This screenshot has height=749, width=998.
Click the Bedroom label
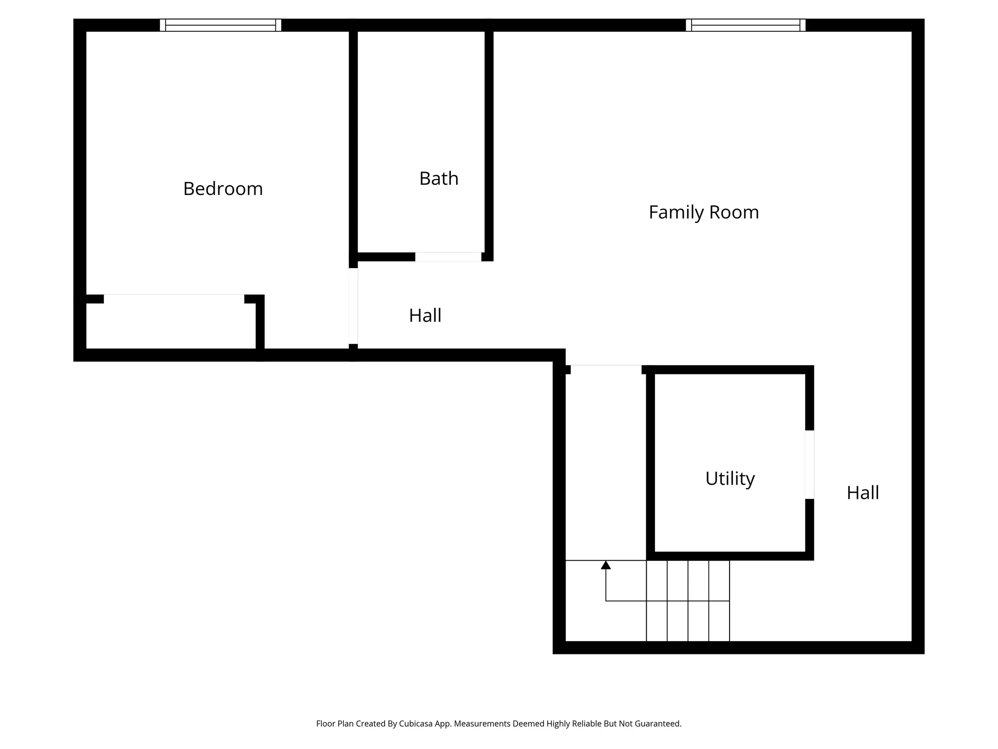click(x=223, y=189)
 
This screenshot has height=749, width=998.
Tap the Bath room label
click(x=439, y=178)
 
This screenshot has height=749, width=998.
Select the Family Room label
click(x=703, y=212)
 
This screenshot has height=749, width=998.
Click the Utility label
click(x=729, y=478)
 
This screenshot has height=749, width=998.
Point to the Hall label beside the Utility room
click(x=863, y=493)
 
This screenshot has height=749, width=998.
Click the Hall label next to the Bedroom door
click(x=425, y=315)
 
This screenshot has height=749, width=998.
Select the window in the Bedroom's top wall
click(x=220, y=25)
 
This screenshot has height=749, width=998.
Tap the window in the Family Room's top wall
click(x=745, y=25)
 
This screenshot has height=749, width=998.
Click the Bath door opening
click(x=448, y=257)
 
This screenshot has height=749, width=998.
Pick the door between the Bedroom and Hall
click(x=353, y=306)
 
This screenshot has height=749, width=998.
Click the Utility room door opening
click(x=809, y=464)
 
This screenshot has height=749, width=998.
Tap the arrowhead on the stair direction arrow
click(x=606, y=565)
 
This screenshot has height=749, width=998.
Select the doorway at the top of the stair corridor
click(x=606, y=369)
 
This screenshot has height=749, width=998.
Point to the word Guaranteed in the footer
click(x=656, y=724)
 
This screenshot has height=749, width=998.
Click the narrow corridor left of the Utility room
click(x=606, y=463)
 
